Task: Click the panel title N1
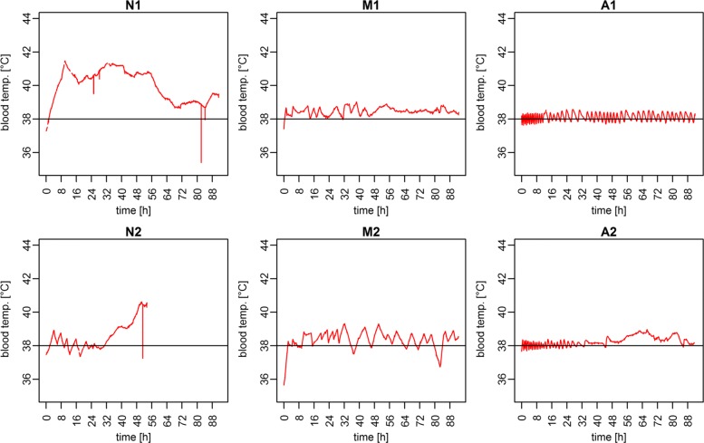coord(132,6)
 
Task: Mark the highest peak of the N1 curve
coord(65,62)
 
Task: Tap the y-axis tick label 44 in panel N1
coord(26,18)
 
